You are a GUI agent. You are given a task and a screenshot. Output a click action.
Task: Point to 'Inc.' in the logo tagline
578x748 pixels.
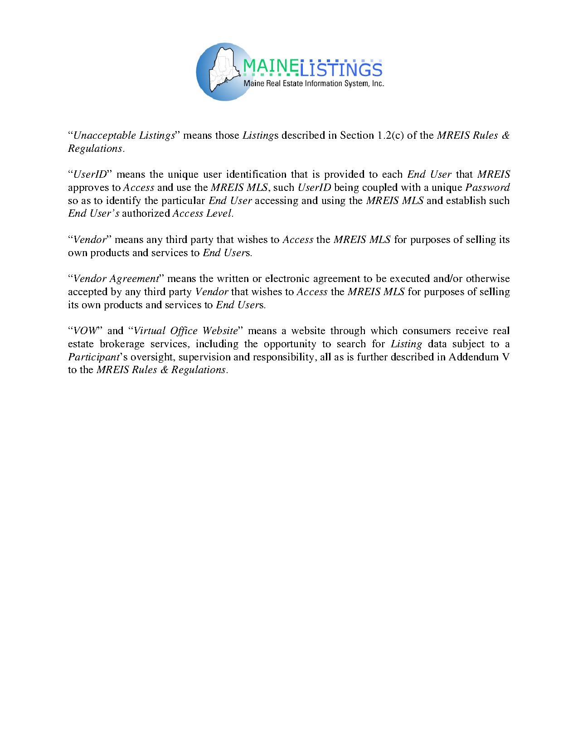coord(378,83)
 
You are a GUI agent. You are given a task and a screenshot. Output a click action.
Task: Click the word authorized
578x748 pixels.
coord(146,214)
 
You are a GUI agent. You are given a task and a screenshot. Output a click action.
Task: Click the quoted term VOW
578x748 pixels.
coord(85,330)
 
